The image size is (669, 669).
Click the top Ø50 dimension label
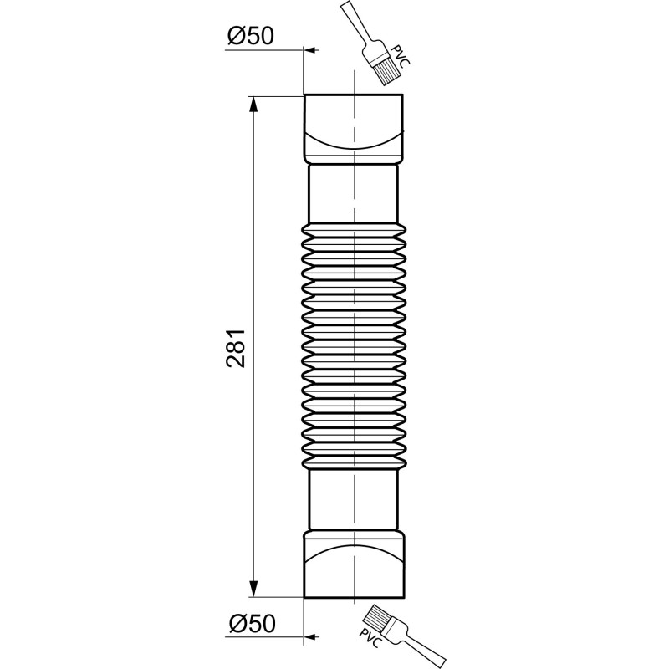click(250, 36)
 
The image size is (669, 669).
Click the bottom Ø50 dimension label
click(253, 623)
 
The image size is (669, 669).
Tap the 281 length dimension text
click(236, 348)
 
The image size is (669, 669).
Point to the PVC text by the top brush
click(401, 55)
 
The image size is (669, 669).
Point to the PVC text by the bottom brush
click(370, 638)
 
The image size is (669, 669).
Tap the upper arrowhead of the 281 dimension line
click(253, 105)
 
